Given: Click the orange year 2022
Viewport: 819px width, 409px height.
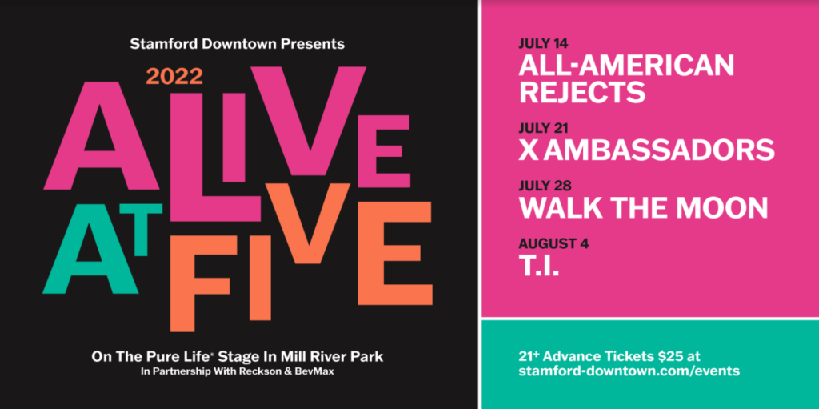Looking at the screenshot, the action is point(174,77).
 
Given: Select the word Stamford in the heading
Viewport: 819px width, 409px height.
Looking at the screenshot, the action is point(156,44).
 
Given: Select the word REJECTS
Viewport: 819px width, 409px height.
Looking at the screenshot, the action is point(582,92).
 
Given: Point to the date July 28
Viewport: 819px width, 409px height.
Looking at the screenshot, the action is point(545,186).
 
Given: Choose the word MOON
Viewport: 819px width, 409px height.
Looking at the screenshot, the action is point(722,207).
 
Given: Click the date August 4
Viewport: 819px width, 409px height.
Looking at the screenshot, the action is point(554,244).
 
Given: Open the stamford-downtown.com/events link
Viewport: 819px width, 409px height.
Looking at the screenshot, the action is point(629,371).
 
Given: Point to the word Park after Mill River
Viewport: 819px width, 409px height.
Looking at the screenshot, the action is point(368,357).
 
